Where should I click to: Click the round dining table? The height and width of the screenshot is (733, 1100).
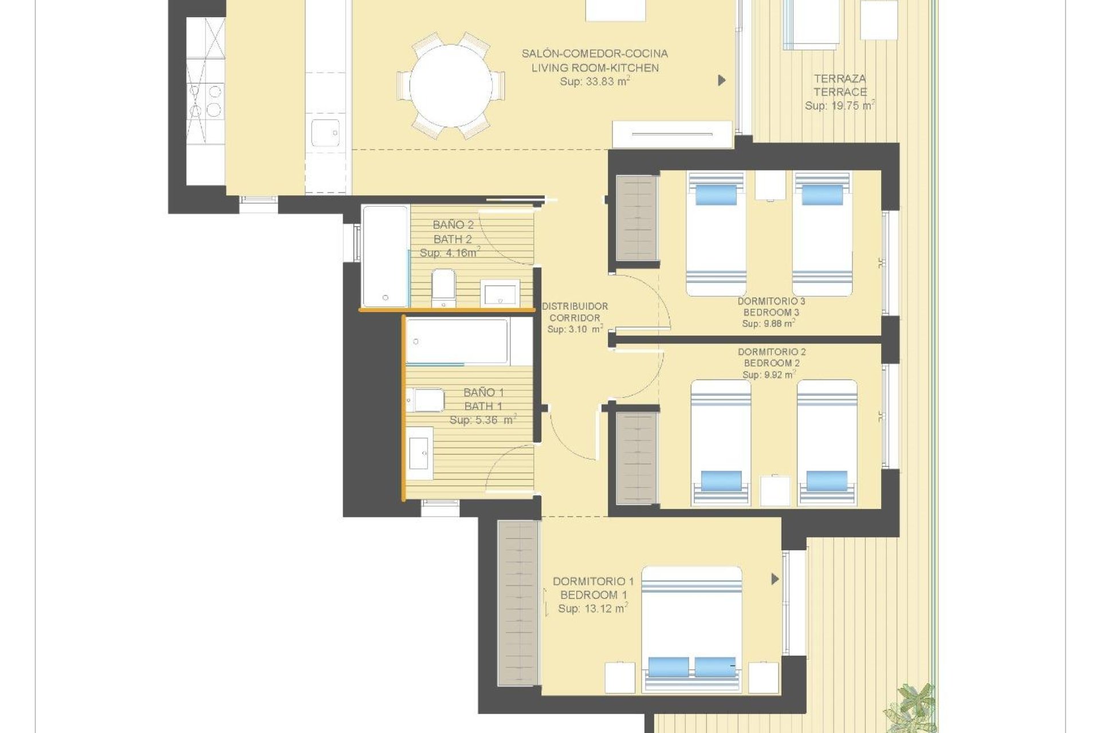click(x=451, y=86)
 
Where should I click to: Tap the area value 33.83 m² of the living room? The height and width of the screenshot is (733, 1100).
click(x=595, y=81)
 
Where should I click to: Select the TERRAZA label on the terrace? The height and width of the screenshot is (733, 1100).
click(x=839, y=78)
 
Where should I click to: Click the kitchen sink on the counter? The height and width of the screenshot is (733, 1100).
click(x=325, y=133)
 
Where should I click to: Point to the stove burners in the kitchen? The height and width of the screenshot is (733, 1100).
click(x=205, y=100)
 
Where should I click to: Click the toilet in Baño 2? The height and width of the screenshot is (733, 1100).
click(x=443, y=286)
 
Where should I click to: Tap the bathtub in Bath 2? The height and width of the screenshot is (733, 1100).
click(x=385, y=256)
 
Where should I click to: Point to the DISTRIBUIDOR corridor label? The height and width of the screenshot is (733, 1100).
click(x=575, y=306)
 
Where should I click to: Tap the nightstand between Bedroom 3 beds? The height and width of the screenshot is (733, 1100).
click(x=769, y=185)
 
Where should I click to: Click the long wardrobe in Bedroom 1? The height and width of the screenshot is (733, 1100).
click(x=518, y=603)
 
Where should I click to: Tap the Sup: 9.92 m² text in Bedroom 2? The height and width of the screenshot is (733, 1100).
click(x=768, y=375)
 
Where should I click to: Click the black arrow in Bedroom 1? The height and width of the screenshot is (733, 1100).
click(x=775, y=579)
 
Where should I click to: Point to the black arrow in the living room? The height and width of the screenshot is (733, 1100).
click(x=721, y=80)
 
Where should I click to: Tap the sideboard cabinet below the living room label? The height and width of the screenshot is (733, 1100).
click(x=672, y=135)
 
